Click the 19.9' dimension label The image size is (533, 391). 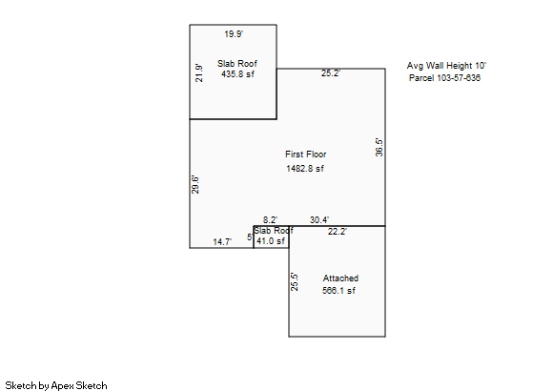click(x=234, y=34)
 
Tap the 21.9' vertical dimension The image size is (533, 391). click(x=199, y=73)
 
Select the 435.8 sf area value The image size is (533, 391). click(x=237, y=74)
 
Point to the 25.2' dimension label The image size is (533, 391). click(x=331, y=73)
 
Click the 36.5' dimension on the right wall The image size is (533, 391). click(x=379, y=147)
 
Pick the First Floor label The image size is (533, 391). click(x=305, y=154)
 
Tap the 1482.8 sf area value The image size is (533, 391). click(x=305, y=168)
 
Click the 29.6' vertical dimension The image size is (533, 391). click(x=195, y=185)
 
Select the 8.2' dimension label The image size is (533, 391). click(x=270, y=220)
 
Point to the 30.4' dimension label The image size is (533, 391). click(x=319, y=220)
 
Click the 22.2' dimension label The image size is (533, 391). click(x=338, y=232)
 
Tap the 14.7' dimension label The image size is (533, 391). click(x=222, y=241)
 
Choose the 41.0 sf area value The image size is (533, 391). click(x=271, y=241)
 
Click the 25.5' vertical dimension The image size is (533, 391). click(x=295, y=282)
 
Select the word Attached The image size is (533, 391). click(x=340, y=278)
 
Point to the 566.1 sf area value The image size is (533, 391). click(x=338, y=290)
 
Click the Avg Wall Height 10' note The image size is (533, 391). click(x=446, y=66)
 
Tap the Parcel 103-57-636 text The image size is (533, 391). click(x=444, y=78)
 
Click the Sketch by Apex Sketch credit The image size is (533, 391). click(x=56, y=385)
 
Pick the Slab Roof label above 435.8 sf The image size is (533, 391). click(x=237, y=64)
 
